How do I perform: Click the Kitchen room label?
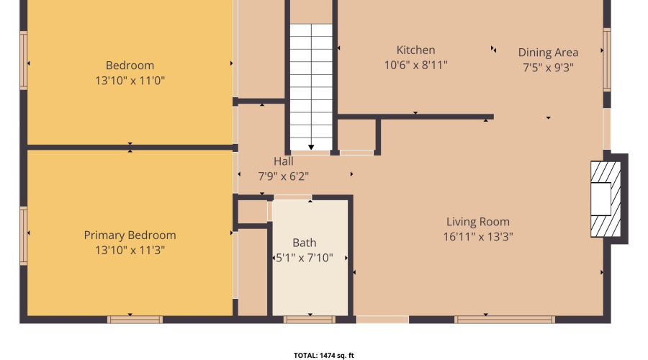(415, 50)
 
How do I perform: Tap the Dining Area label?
(548, 53)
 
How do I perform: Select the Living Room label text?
(477, 222)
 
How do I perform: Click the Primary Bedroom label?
(130, 235)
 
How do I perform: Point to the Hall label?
(283, 161)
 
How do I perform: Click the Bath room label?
(304, 243)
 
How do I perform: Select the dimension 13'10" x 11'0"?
(130, 81)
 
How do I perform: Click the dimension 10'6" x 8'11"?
(415, 66)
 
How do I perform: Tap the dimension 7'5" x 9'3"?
(548, 68)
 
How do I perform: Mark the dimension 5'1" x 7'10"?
(305, 258)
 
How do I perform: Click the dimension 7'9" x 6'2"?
(284, 176)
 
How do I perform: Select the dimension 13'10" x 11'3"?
(130, 251)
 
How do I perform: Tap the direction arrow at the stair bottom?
(311, 144)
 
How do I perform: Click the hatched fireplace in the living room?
(604, 199)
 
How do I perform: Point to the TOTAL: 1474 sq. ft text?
(323, 355)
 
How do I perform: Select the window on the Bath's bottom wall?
(310, 319)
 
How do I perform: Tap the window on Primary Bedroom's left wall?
(23, 235)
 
